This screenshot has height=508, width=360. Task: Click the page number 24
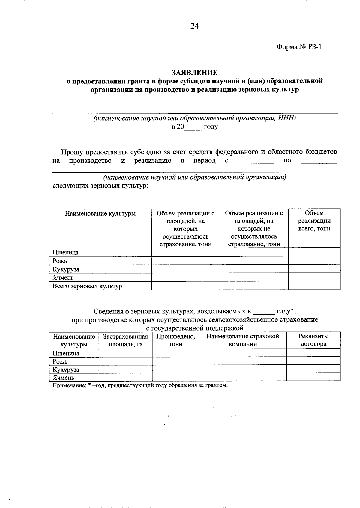tap(195, 26)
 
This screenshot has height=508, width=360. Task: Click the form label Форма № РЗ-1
tap(298, 47)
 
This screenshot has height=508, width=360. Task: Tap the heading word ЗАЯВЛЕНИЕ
tap(195, 73)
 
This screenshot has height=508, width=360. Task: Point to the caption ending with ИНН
tap(195, 118)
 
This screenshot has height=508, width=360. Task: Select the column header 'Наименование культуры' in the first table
tap(100, 214)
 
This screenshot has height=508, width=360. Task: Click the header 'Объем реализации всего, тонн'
tap(314, 221)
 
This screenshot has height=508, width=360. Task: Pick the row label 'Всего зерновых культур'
tap(87, 286)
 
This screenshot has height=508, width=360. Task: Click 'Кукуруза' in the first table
tap(66, 269)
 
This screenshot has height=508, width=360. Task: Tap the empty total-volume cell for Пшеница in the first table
tap(314, 252)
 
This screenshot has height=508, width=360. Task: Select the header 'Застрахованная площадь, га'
tap(125, 340)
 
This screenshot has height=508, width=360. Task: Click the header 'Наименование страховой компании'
tap(243, 340)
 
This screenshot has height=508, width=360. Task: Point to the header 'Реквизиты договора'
tap(313, 340)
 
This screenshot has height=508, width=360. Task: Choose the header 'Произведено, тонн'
tap(175, 340)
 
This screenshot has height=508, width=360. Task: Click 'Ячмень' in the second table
tap(63, 378)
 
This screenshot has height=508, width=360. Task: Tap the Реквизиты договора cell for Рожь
tap(313, 361)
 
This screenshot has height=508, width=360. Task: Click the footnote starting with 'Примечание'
tap(140, 385)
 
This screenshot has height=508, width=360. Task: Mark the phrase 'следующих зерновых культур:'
tap(100, 186)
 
